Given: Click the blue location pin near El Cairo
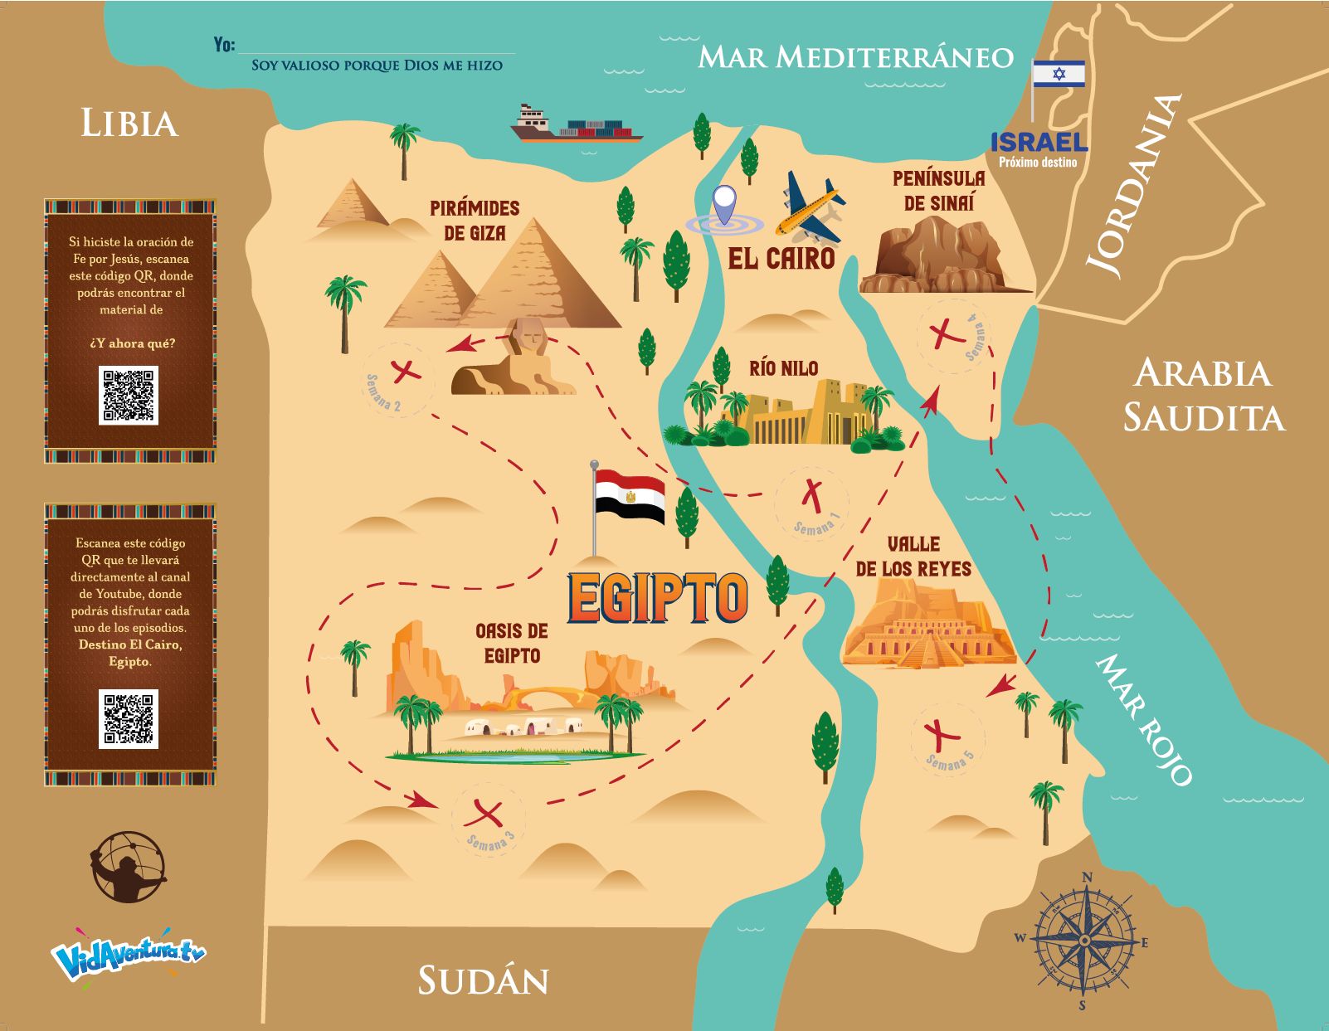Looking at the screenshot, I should click(725, 204).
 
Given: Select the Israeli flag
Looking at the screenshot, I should click(1059, 74).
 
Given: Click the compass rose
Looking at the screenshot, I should click(1085, 941).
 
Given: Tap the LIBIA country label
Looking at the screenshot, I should click(129, 124).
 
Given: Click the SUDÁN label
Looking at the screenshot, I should click(483, 980).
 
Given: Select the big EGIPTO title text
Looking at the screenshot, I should click(657, 597).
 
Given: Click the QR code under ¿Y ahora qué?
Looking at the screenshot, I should click(129, 396).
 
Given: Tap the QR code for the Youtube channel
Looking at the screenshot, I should click(129, 718).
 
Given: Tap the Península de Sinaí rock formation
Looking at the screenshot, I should click(938, 258).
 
